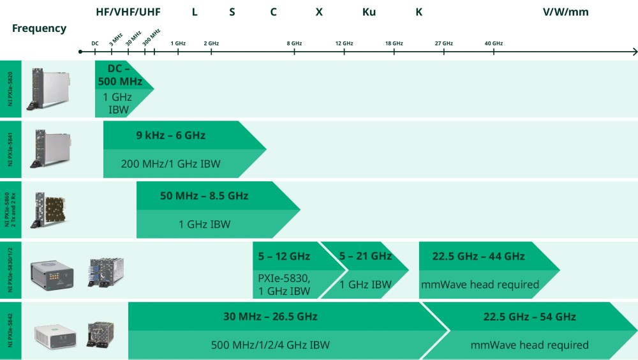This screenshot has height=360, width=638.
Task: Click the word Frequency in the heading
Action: [39, 29]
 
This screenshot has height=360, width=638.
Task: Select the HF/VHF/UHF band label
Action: [128, 12]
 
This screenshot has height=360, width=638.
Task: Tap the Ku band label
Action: [369, 12]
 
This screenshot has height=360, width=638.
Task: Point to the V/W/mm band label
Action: [565, 12]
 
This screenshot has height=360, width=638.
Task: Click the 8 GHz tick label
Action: [294, 43]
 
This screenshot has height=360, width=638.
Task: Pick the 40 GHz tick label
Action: [494, 43]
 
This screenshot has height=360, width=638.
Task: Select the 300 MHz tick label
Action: [151, 37]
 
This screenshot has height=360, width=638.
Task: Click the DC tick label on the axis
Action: [95, 43]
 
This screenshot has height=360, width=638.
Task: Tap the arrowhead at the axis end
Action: [635, 52]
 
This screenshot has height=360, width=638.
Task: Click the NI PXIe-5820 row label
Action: [10, 89]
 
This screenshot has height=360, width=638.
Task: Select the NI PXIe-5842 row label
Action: [10, 330]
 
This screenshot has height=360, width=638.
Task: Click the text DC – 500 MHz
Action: [120, 75]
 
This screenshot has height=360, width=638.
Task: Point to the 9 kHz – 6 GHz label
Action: [171, 135]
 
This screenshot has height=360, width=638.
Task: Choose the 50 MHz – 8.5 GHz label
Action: [204, 196]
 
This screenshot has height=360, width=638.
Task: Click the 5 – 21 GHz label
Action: [366, 256]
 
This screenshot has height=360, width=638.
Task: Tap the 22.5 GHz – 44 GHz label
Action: [478, 256]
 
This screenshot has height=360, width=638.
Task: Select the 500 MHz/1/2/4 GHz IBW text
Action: [270, 345]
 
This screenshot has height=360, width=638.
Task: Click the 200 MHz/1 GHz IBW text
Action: [170, 163]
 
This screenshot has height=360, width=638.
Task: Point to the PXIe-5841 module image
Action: [50, 149]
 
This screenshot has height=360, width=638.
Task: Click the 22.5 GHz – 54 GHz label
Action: [530, 317]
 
